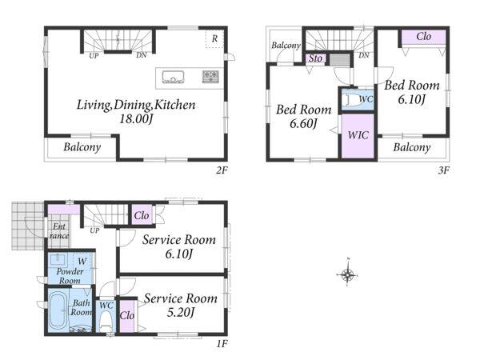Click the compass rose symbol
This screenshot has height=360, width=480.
pos(347,274)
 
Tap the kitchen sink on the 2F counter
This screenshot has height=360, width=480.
pos(173,77)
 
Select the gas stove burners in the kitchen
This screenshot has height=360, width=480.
pos(210,77)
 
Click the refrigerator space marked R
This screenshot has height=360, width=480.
pos(214,39)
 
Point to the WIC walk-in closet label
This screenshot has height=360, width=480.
pos(358,135)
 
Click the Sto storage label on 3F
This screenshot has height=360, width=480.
pos(315,58)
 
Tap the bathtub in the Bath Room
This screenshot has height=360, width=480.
pos(58,310)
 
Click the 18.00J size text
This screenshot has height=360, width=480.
pos(136,118)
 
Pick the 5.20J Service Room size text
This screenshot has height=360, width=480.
pos(181,313)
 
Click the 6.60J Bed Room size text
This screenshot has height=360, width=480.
pos(303,124)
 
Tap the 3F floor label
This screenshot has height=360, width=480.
pos(443,170)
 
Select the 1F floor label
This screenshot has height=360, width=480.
pos(222,344)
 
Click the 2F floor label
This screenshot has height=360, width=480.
pos(222,170)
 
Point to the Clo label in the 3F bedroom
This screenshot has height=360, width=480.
pos(424,37)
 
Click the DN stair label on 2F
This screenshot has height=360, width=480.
pos(141,55)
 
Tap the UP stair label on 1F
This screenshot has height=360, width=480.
pos(94,230)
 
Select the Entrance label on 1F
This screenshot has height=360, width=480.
pos(59,231)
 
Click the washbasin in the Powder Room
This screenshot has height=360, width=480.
pos(58,260)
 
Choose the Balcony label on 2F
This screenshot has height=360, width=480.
pos(82,147)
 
